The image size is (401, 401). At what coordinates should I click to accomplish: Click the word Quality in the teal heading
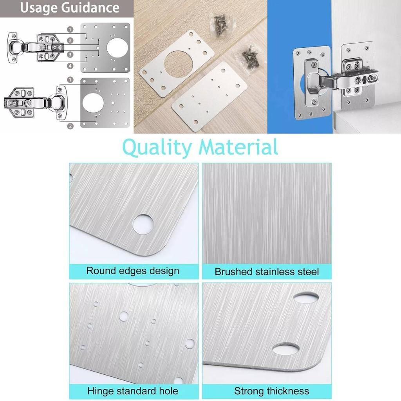pos(157,148)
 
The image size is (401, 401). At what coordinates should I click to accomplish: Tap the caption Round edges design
pos(133,271)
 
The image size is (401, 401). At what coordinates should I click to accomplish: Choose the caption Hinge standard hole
pos(133,390)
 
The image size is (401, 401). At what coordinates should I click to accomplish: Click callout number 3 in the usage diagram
pos(70,54)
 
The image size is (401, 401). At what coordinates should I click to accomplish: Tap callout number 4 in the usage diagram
pos(70,66)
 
